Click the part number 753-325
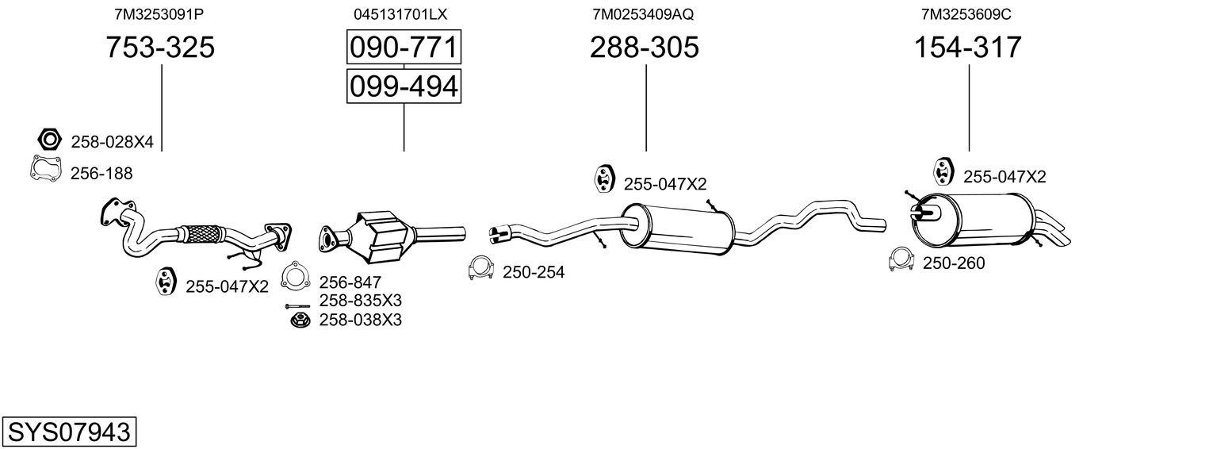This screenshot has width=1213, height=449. click(160, 48)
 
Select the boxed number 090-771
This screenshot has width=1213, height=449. click(404, 48)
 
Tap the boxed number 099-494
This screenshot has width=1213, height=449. click(404, 86)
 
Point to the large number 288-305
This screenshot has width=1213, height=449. click(644, 48)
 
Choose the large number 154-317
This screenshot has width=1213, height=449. click(968, 48)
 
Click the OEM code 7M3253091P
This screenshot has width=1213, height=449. click(159, 14)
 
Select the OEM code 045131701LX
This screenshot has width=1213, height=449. click(401, 14)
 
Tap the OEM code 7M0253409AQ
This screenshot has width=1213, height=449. click(643, 14)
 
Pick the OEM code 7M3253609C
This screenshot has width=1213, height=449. click(966, 14)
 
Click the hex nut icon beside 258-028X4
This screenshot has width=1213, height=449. click(49, 140)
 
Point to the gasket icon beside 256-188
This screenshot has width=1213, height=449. click(45, 171)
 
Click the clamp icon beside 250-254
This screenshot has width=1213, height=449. click(481, 269)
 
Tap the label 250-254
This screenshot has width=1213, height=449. click(534, 273)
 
